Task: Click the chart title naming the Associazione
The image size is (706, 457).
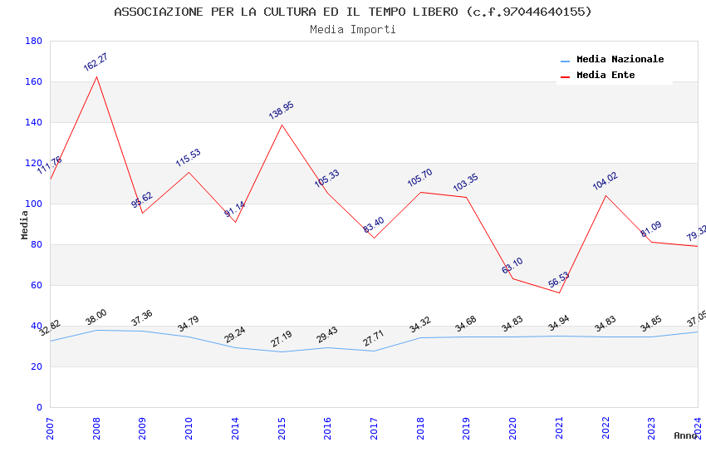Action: click(353, 12)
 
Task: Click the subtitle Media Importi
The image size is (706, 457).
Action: click(353, 30)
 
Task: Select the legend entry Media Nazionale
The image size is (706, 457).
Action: click(620, 60)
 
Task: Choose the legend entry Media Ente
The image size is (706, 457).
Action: click(605, 76)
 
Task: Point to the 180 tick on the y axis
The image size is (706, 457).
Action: click(33, 42)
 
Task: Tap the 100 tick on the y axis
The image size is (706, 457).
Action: click(33, 204)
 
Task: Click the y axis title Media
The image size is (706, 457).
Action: click(25, 224)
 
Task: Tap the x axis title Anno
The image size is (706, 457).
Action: click(685, 435)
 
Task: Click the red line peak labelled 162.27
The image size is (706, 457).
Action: click(96, 77)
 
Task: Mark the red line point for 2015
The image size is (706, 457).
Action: click(282, 125)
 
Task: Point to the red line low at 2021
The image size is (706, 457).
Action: click(559, 292)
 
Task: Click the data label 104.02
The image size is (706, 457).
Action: click(605, 181)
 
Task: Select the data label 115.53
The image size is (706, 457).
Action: click(188, 157)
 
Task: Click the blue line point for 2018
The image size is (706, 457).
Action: click(420, 337)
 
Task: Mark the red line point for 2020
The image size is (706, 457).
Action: click(512, 278)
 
